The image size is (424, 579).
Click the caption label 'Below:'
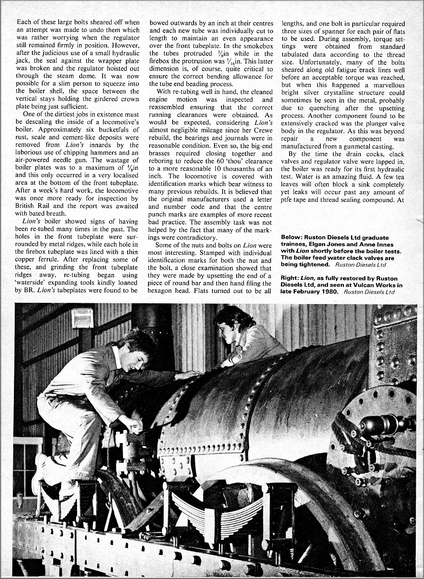coord(291,238)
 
